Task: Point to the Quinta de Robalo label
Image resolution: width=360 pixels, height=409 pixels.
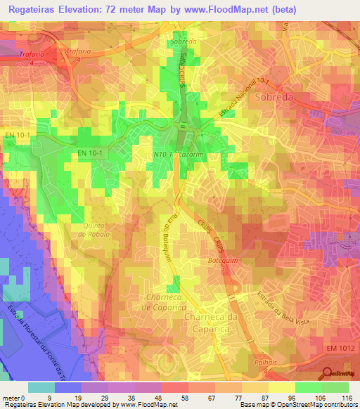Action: click(x=96, y=229)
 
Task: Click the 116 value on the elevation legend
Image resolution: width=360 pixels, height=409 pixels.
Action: click(x=346, y=397)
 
